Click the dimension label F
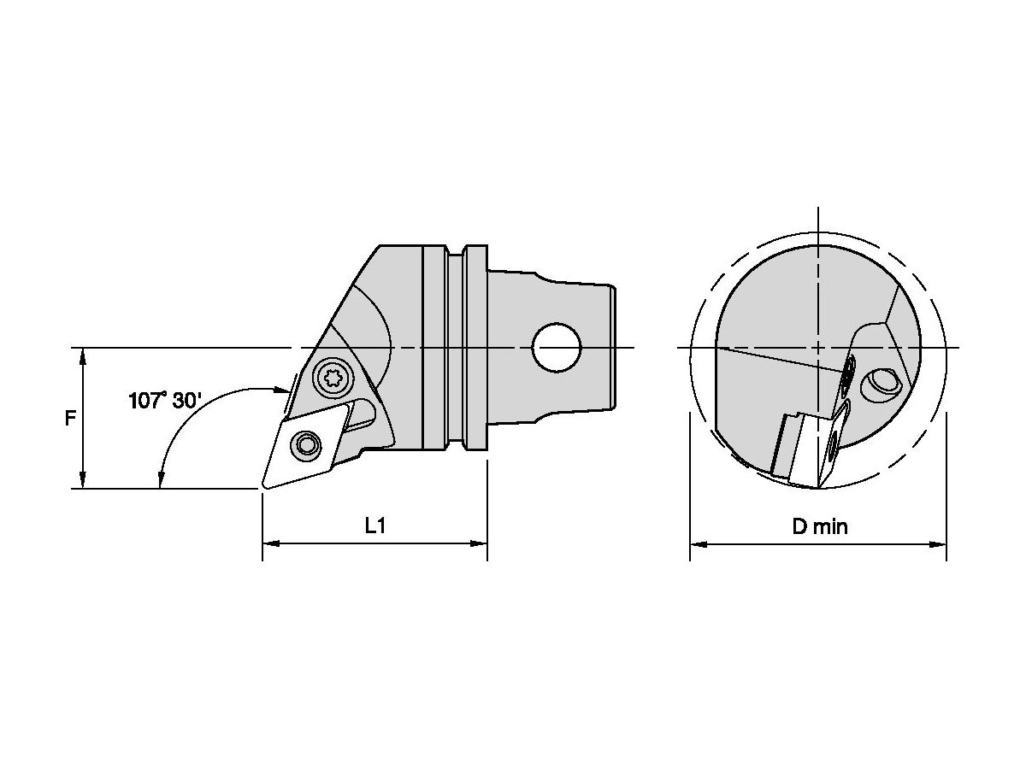click(71, 419)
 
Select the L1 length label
click(375, 526)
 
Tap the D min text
click(819, 526)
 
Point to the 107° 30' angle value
click(166, 400)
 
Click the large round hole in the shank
click(556, 348)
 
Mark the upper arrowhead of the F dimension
click(82, 355)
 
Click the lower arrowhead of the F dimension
click(82, 482)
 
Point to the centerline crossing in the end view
click(818, 348)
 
